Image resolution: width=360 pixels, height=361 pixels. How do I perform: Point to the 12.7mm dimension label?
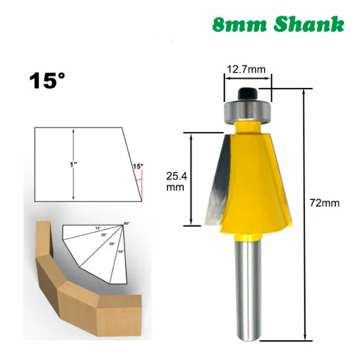[x=246, y=69]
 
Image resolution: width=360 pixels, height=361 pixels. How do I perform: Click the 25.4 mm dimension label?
[x=176, y=180]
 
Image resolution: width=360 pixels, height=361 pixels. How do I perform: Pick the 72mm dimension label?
[x=325, y=203]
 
